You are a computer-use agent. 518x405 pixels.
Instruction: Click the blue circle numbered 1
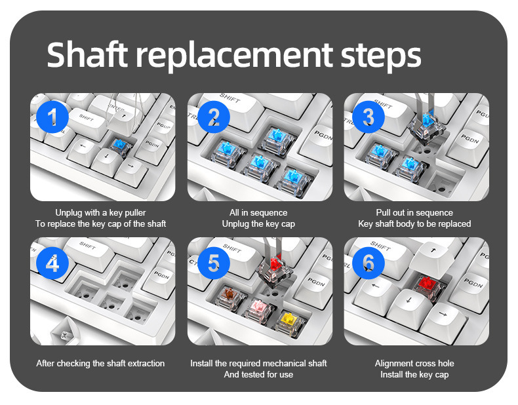pos(52,117)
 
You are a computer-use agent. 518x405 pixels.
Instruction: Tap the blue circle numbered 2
pos(213,117)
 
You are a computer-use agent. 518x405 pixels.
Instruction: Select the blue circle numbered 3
pos(369,117)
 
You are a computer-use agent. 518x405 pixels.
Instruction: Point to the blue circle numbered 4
pos(52,263)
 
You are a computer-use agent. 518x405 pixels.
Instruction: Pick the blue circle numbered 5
pos(213,263)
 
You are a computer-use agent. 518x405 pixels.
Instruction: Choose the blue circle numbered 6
pos(369,263)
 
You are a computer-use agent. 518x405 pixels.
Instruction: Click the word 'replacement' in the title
pos(234,56)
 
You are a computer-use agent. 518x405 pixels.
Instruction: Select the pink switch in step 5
pos(260,310)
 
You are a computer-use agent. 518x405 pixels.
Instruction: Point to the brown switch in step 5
pos(230,298)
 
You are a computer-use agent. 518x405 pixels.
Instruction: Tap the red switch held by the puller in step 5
pos(275,269)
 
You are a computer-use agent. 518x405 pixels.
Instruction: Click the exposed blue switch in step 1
pos(121,147)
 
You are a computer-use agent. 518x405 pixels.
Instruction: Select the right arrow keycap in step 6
pos(445,320)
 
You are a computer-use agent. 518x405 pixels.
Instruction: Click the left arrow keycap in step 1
pos(83,149)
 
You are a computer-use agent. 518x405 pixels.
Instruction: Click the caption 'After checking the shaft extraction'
pos(100,364)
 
